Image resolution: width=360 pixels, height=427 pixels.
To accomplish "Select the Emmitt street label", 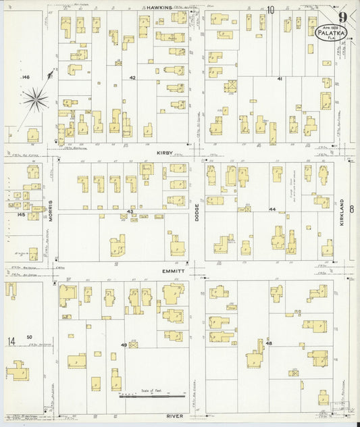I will click(x=172, y=271).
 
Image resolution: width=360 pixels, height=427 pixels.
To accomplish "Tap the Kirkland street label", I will click(x=342, y=211).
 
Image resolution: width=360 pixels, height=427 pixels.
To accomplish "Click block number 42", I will click(x=133, y=78).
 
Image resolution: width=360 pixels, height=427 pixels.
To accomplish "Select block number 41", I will click(x=279, y=79).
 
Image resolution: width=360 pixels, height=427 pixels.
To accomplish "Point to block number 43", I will click(x=130, y=211).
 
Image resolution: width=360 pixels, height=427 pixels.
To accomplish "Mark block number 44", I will click(x=273, y=210).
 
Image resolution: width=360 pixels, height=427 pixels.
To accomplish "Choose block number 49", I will click(x=124, y=345).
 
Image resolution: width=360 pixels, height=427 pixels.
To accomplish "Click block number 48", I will click(x=269, y=344).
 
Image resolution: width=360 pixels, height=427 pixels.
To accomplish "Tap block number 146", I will click(x=26, y=78).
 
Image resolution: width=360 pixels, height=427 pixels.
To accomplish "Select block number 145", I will click(x=22, y=215).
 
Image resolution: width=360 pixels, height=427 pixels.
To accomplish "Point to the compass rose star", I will click(x=35, y=101).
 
